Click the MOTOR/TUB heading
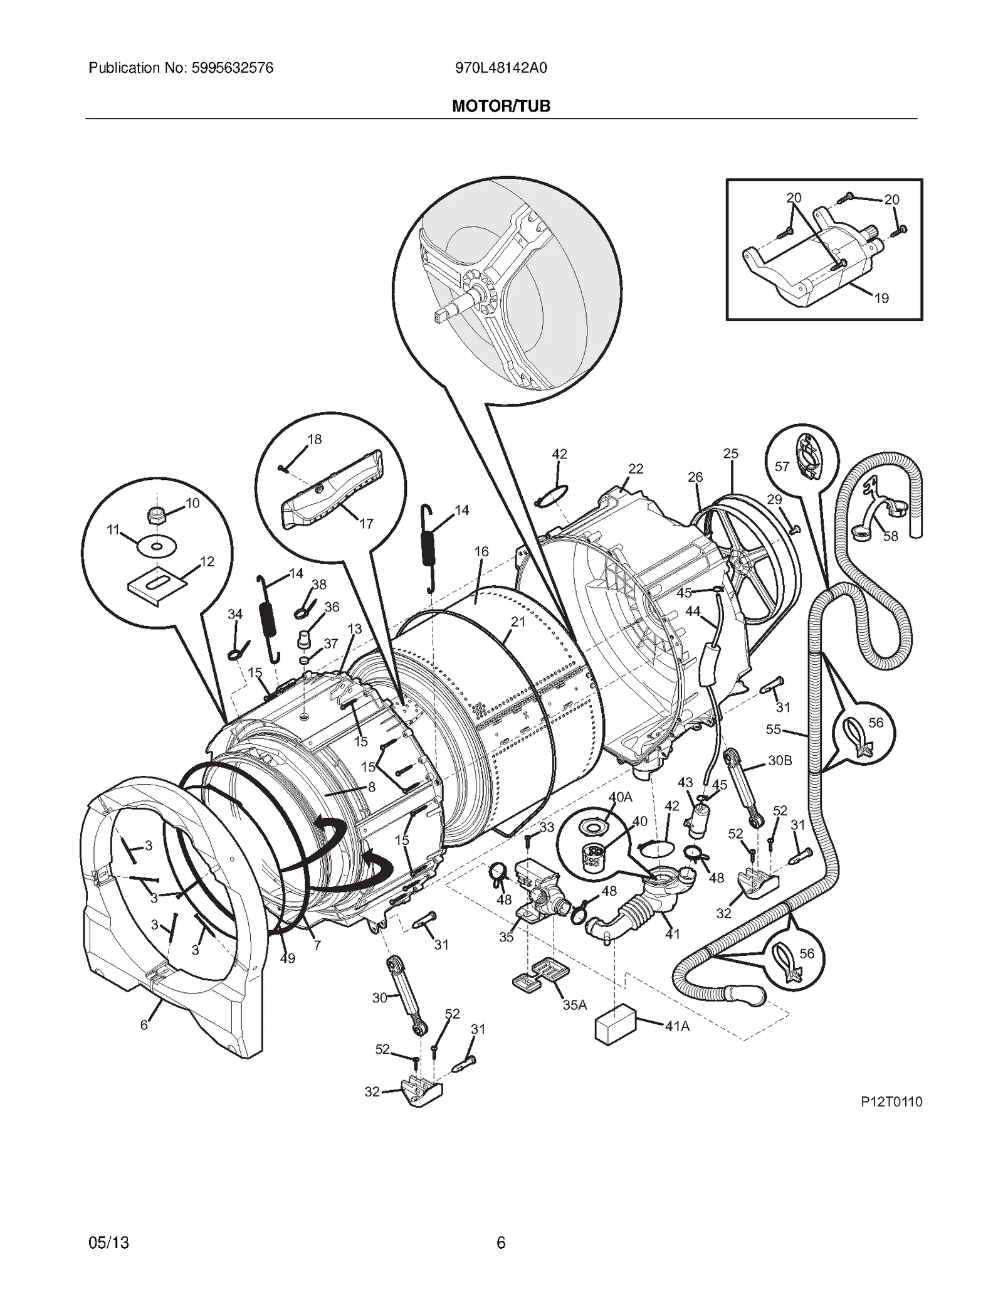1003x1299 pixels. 501,106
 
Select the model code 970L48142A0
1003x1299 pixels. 501,68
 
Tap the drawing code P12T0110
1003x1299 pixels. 891,1102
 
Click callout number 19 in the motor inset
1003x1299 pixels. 881,298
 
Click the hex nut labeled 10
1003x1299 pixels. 155,515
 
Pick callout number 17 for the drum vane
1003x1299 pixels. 366,523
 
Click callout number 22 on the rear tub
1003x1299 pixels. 636,469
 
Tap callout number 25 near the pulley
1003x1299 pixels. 731,453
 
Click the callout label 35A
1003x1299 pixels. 574,1004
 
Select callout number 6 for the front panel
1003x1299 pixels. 144,1025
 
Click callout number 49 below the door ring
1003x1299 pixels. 287,958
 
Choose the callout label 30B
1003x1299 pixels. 780,760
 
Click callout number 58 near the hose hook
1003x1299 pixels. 890,536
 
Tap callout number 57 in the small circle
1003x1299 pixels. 782,466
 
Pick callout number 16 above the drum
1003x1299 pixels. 481,551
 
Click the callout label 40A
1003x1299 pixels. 621,797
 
